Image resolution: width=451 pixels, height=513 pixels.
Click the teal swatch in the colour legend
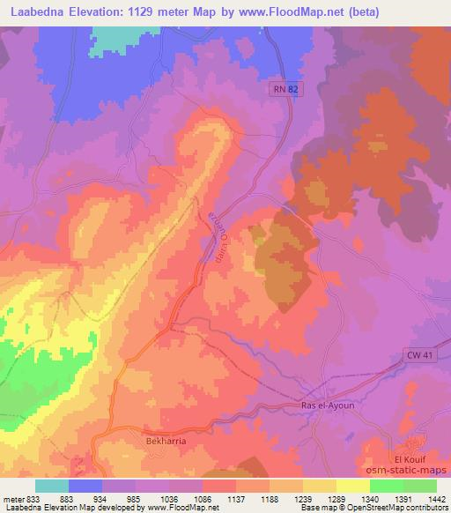[x=52, y=486]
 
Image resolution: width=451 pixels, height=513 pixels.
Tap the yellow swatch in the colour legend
[x=352, y=486]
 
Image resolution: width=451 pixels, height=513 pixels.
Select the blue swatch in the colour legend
[x=85, y=486]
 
